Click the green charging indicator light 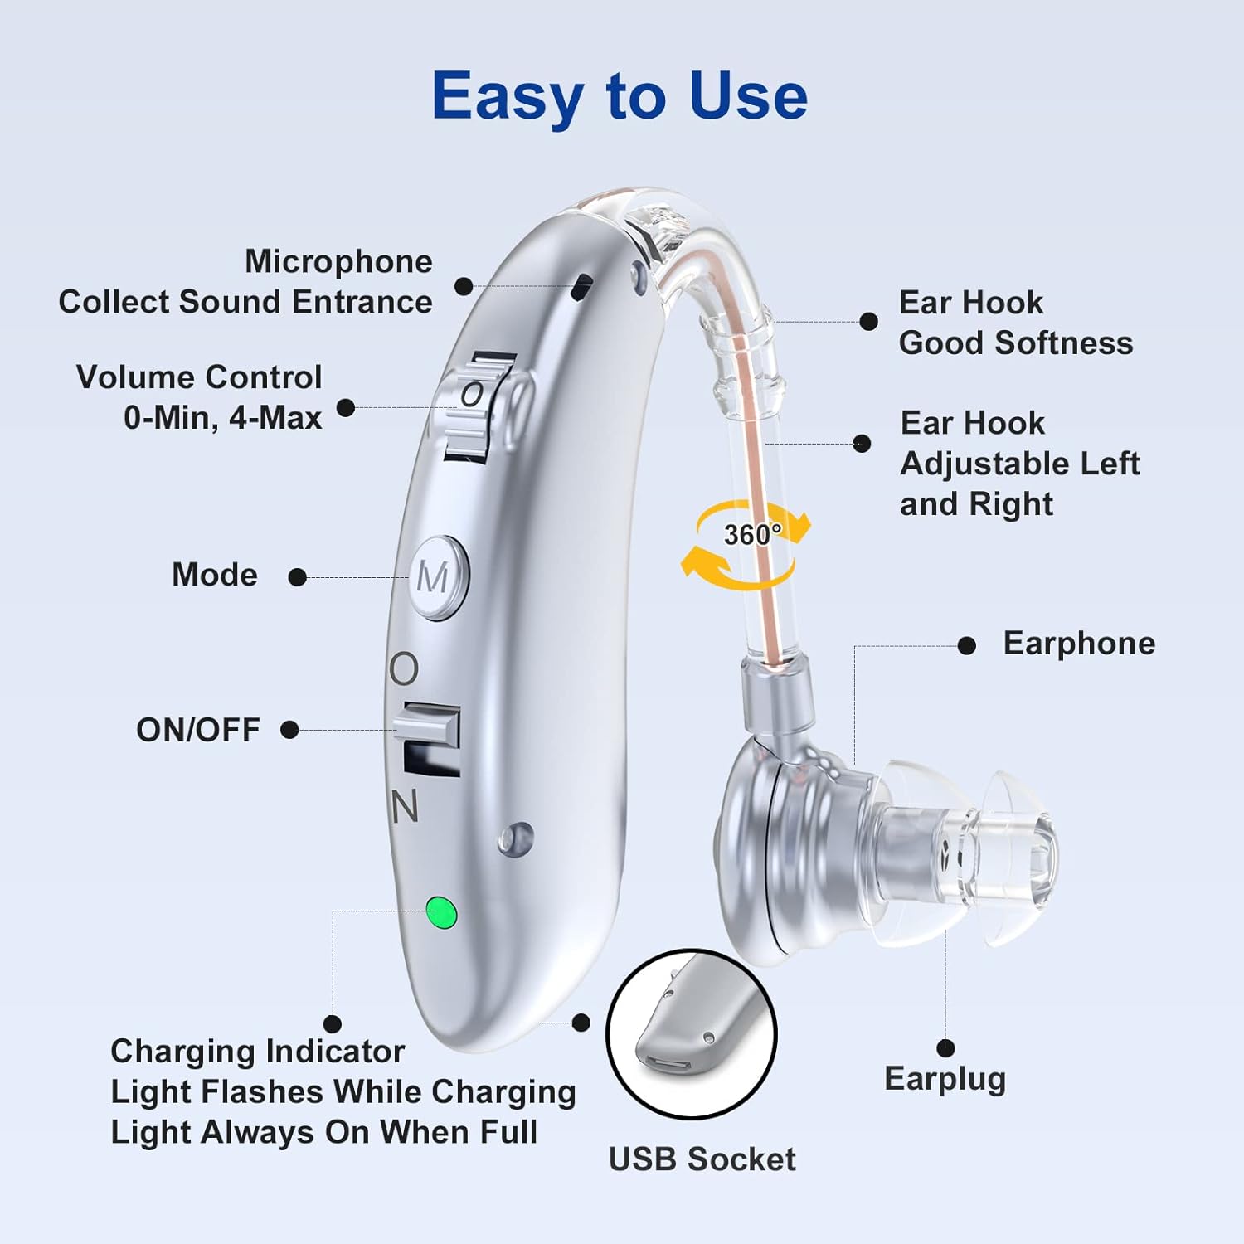pos(441,912)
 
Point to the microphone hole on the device pos(584,287)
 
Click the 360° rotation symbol pos(747,543)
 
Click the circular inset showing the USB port pos(691,1033)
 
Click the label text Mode pos(214,575)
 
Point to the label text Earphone pos(1079,644)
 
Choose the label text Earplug pos(945,1079)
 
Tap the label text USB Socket pos(702,1159)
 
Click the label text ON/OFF pos(198,730)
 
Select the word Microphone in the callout pos(338,261)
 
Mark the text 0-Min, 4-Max pos(222,417)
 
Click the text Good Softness pos(1015,343)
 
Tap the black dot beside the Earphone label pos(966,645)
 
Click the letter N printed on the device pos(405,805)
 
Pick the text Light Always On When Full pos(324,1132)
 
